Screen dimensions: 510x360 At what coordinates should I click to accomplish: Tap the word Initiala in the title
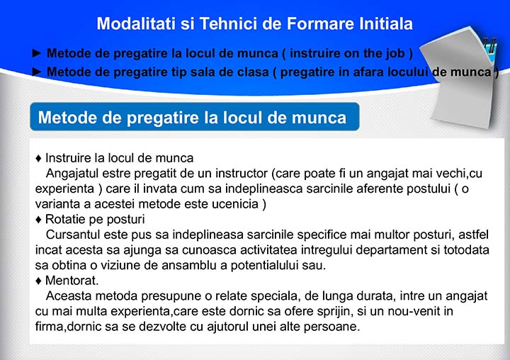click(x=386, y=24)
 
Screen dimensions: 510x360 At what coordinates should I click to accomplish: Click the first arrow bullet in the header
click(x=37, y=52)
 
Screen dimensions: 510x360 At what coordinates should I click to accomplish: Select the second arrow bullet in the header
click(x=37, y=72)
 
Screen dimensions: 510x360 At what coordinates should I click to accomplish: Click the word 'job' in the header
click(x=395, y=54)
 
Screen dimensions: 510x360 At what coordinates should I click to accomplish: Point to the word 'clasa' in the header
click(x=253, y=72)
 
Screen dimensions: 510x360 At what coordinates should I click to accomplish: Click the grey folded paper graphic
click(x=462, y=77)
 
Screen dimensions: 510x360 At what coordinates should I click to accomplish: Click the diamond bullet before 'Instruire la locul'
click(x=38, y=159)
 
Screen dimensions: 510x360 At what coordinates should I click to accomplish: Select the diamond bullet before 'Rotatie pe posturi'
click(x=38, y=220)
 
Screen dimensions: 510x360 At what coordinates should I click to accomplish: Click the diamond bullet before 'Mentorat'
click(x=38, y=281)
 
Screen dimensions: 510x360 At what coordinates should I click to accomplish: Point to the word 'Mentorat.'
click(x=72, y=280)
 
